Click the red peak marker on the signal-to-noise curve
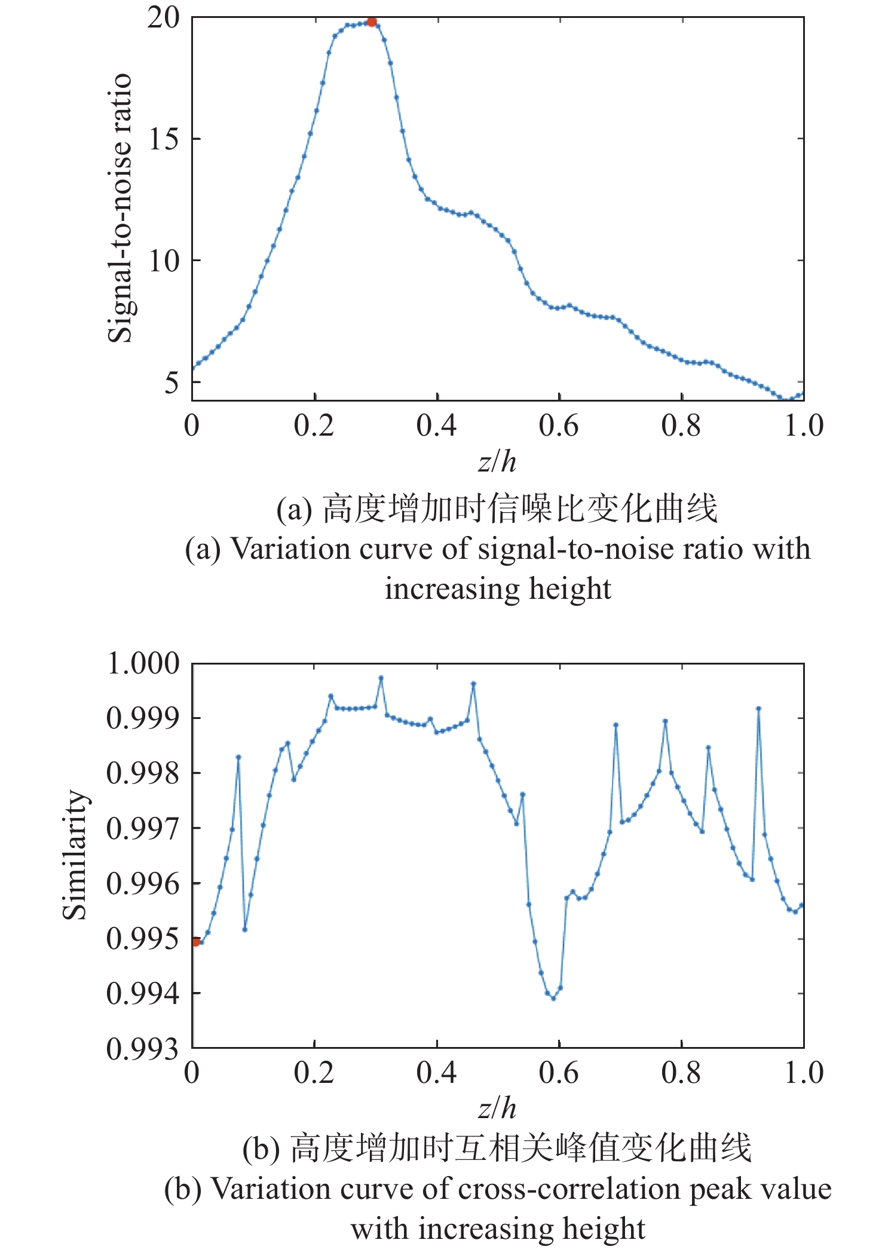(372, 22)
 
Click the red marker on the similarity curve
(196, 942)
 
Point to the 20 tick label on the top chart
(163, 18)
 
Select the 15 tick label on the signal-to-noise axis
(163, 139)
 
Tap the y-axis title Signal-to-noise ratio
(120, 208)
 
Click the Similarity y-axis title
(75, 855)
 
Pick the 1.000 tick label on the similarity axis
(143, 663)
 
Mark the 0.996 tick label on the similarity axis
(143, 884)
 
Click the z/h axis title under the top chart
(497, 461)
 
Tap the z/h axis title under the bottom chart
(497, 1109)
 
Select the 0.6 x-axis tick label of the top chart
(559, 425)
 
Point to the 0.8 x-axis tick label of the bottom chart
(681, 1073)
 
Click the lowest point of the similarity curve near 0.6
(553, 998)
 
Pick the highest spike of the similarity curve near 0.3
(381, 678)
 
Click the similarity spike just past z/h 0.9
(758, 708)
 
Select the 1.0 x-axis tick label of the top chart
(804, 425)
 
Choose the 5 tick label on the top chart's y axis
(171, 382)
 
